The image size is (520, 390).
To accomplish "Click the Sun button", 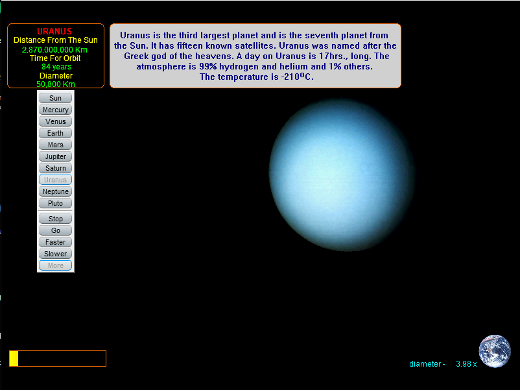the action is click(x=55, y=98).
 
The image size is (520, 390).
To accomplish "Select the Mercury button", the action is click(x=55, y=110).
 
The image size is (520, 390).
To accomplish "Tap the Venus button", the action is click(x=55, y=121).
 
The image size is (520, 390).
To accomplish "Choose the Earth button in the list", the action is click(x=55, y=133).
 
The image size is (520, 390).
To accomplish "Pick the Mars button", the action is click(x=55, y=145).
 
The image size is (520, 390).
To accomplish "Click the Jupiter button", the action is click(x=55, y=156).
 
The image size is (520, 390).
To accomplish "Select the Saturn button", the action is click(x=55, y=168).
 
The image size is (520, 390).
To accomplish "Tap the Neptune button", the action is click(x=55, y=191).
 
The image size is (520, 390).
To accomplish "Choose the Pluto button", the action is click(x=55, y=203).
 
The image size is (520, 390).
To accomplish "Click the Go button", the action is click(x=55, y=230).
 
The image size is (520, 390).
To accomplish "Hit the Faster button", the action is click(x=55, y=242).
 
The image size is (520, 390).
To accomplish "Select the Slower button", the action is click(x=55, y=254).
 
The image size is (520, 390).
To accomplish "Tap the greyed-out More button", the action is click(x=55, y=265).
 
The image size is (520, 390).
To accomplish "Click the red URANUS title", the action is click(x=54, y=31).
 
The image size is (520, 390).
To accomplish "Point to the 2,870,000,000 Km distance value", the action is click(x=54, y=50).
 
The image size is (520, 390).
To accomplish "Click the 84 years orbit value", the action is click(x=56, y=67).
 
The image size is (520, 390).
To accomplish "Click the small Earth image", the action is click(x=495, y=351).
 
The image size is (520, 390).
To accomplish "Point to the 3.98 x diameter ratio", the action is click(x=466, y=364).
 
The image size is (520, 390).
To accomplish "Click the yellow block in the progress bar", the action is click(x=14, y=358).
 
